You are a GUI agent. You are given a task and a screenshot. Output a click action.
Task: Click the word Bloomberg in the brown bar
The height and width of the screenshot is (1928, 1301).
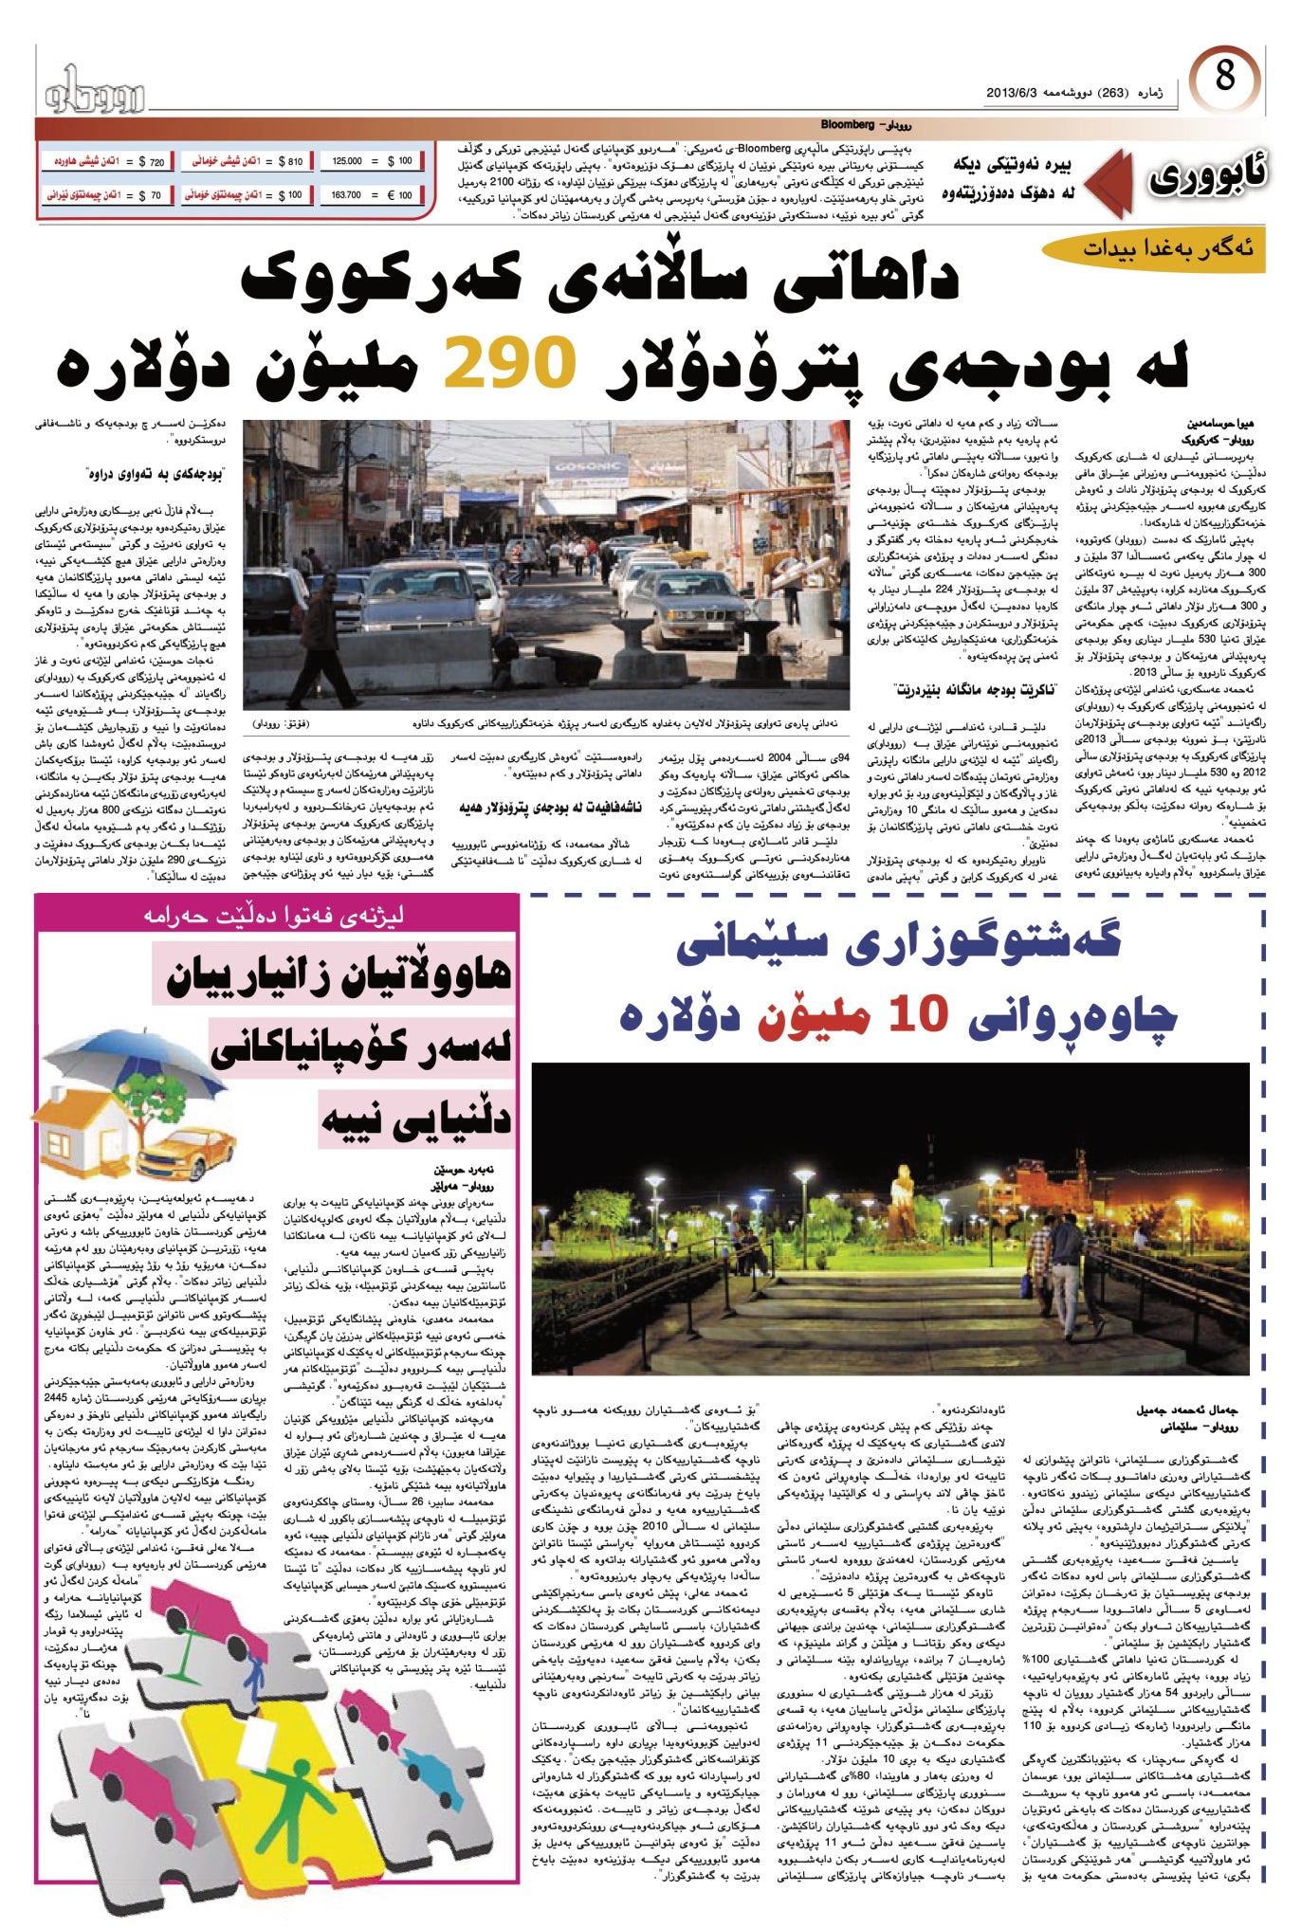click(846, 125)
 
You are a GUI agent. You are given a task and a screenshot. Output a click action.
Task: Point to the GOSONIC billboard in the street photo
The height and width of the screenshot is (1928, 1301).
click(589, 468)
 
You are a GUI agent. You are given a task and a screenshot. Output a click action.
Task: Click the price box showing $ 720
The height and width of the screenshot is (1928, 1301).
click(106, 162)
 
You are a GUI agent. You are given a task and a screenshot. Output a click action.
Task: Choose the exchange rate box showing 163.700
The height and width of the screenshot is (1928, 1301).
click(373, 195)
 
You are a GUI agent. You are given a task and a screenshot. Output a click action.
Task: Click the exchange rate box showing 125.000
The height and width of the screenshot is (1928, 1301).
click(373, 162)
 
